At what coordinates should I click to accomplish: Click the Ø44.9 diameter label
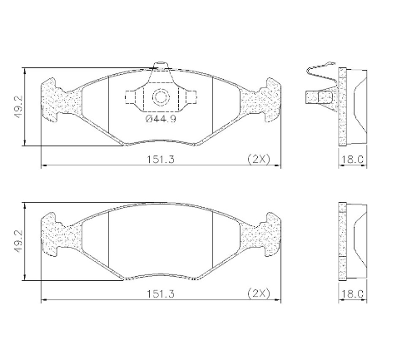click(x=161, y=119)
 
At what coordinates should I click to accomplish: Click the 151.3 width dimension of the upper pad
click(x=161, y=160)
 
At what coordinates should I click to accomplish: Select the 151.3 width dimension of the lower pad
click(x=161, y=293)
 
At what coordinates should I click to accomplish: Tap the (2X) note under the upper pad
click(x=259, y=160)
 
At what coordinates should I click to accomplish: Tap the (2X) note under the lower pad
click(x=259, y=293)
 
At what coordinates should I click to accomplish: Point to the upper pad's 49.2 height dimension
click(x=18, y=107)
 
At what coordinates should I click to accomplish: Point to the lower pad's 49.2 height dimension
click(x=18, y=241)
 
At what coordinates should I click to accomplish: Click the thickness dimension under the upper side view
click(x=352, y=160)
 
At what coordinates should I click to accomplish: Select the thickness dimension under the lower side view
click(x=352, y=293)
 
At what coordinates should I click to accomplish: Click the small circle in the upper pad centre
click(x=161, y=97)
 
